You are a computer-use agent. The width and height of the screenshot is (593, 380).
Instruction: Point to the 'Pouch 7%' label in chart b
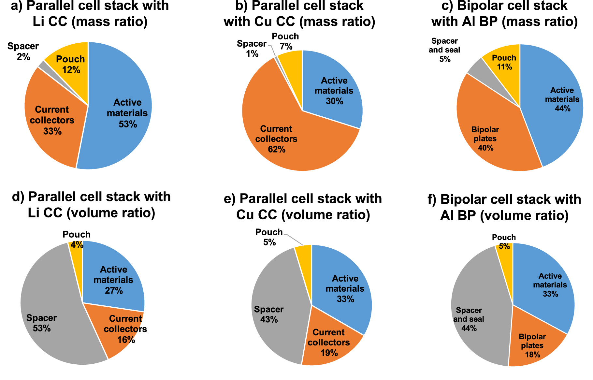pos(285,41)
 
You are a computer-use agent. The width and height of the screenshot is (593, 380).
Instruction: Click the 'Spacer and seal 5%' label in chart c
pos(444,50)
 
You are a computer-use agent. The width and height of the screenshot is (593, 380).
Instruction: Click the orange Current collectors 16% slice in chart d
pos(125,329)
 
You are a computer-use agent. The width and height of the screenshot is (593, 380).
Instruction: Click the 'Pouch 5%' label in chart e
pos(269,237)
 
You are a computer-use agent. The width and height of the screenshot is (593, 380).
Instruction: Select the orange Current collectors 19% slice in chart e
pos(329,342)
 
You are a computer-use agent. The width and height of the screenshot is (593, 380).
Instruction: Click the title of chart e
pos(303,207)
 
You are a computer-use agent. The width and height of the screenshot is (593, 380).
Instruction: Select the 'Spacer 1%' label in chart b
pos(252,49)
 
